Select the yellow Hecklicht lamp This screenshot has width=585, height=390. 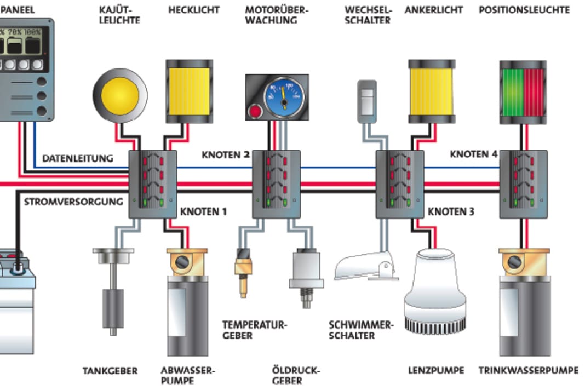point(189,91)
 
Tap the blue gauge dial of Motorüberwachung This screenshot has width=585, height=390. point(283,96)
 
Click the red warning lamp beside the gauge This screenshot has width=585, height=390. point(256,112)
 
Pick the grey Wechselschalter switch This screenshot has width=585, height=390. point(366,101)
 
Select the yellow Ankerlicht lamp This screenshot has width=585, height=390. point(432,91)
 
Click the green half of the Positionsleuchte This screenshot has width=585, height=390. point(512,92)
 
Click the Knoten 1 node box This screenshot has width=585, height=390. point(152,184)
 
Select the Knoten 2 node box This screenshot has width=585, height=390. point(276,184)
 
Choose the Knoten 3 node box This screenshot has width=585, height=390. point(399,184)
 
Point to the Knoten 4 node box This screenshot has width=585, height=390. point(524,184)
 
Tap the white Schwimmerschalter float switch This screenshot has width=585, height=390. point(366,267)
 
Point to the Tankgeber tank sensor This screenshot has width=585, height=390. point(113,290)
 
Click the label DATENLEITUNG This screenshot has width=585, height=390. point(77,159)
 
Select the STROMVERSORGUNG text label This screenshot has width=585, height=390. point(73,202)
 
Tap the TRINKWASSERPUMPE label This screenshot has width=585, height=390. point(528,371)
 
